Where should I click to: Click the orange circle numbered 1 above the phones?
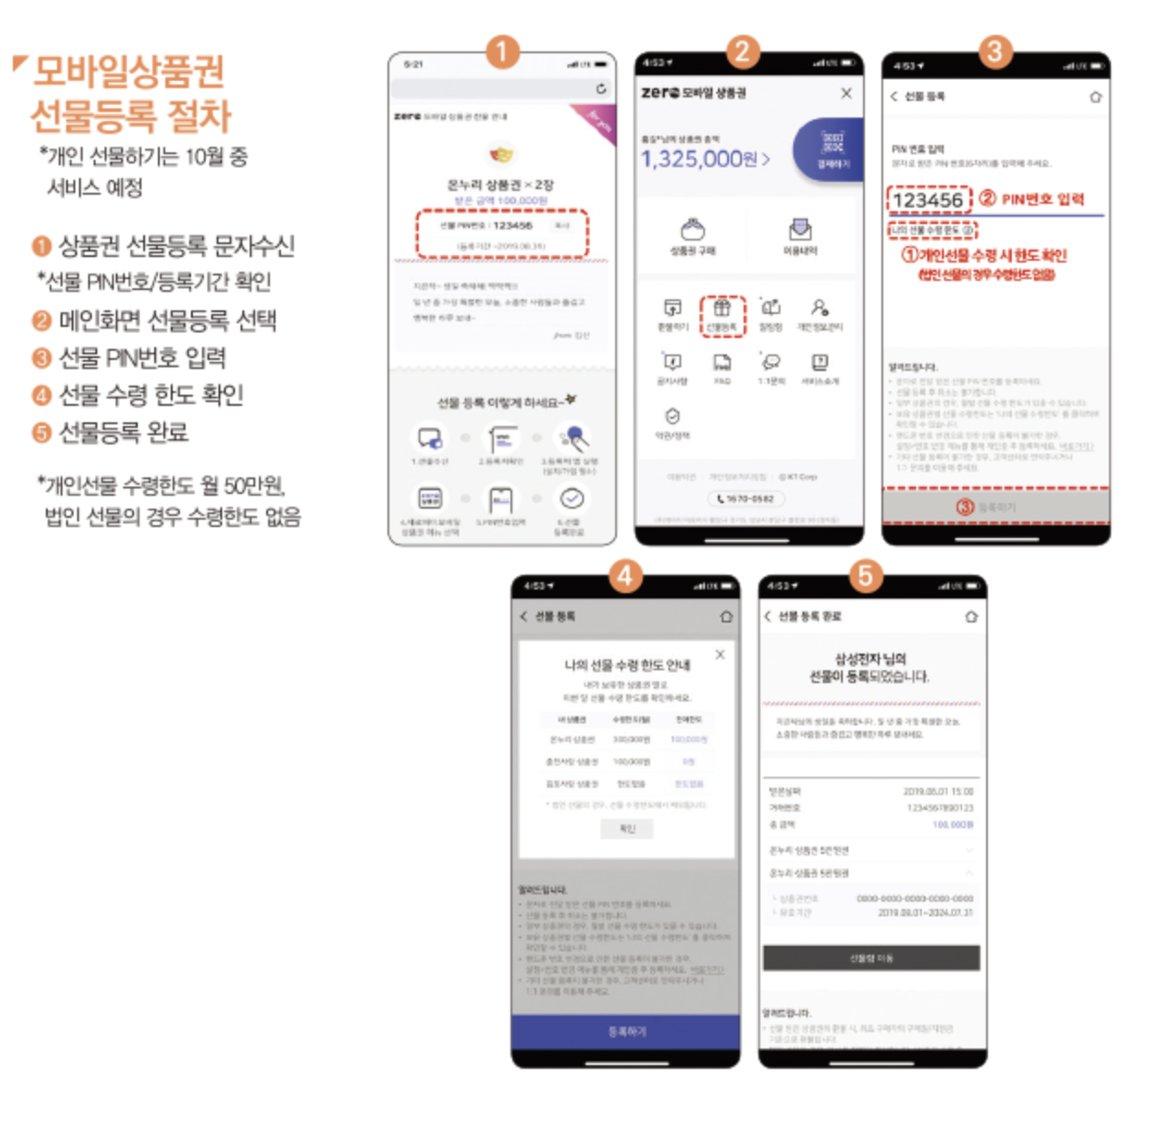pos(501,51)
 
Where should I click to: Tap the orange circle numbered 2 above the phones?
pos(743,51)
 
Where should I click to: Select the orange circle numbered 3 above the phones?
pos(994,51)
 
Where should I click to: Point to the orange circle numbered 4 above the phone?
pos(625,576)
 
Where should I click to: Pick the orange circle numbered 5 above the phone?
pos(865,576)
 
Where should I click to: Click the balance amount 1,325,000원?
pos(704,159)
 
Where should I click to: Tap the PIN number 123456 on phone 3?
pos(928,200)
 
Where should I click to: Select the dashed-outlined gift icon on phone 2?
pos(723,315)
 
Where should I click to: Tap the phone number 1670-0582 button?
pos(745,499)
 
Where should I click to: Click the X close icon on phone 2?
pos(846,93)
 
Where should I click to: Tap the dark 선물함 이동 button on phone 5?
pos(870,958)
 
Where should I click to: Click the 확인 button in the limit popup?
pos(627,828)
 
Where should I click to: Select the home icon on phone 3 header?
pos(1094,96)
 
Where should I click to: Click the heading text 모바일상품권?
pos(129,72)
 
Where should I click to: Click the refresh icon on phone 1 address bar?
pos(600,88)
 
